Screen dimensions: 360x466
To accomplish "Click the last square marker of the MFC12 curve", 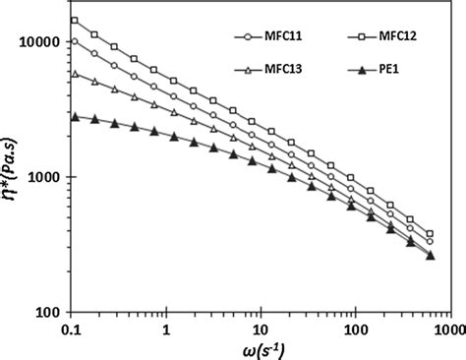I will coord(430,233).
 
